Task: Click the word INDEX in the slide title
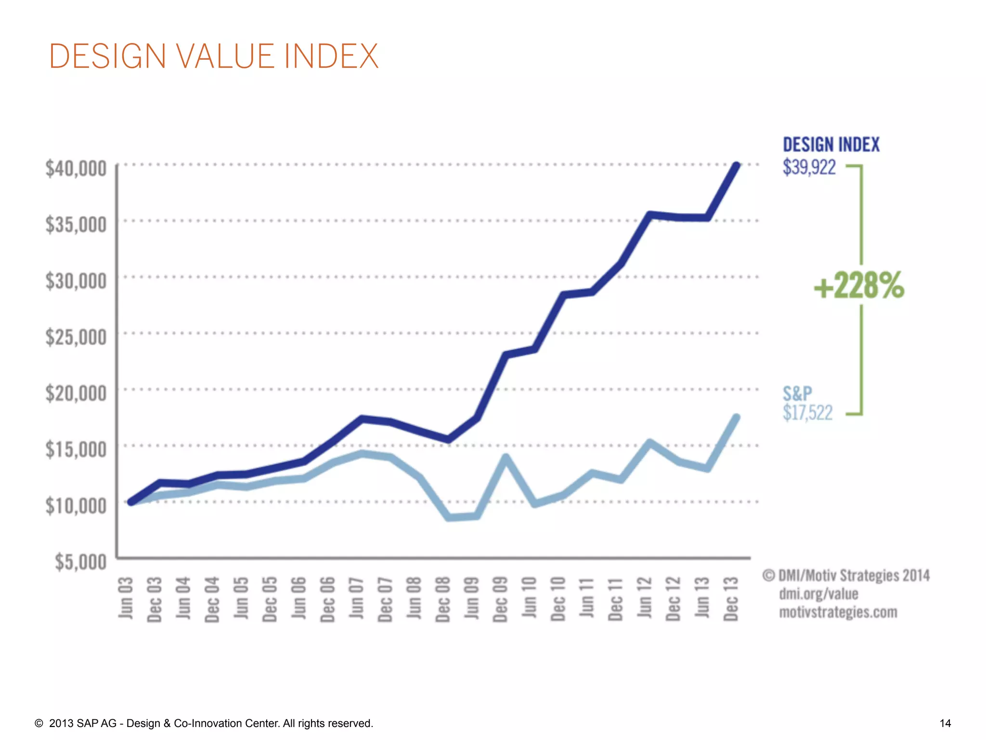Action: [x=331, y=56]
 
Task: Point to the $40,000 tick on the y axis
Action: [x=76, y=169]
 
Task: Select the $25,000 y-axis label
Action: [x=76, y=337]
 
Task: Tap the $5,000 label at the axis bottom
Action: [x=80, y=562]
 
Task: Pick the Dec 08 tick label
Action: [x=442, y=599]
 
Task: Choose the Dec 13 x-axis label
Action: [x=731, y=599]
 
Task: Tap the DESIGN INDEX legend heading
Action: [x=830, y=145]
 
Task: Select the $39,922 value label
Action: [x=809, y=167]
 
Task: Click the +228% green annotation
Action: [x=859, y=285]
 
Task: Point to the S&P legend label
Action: [x=797, y=394]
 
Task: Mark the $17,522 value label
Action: [x=807, y=413]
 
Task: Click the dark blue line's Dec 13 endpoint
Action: [x=736, y=166]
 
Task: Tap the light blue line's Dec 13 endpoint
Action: [x=736, y=418]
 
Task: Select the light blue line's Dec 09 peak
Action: [x=506, y=457]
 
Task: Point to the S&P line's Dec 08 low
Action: [x=449, y=517]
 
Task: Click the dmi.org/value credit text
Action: [x=818, y=594]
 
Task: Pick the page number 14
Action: [x=945, y=723]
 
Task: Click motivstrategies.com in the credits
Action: [x=838, y=612]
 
